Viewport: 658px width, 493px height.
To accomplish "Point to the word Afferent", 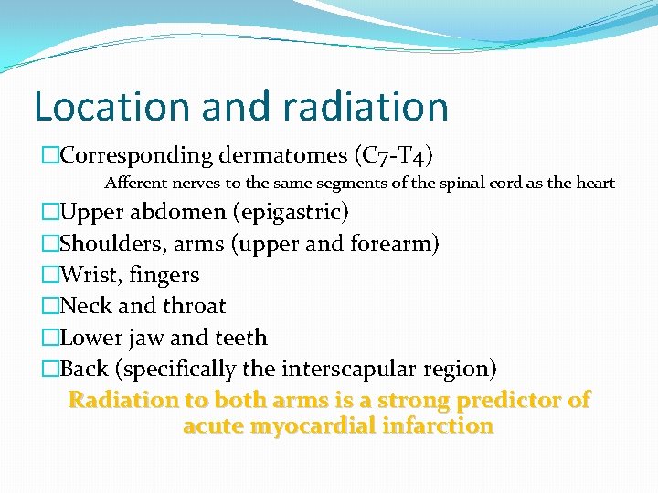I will (137, 183).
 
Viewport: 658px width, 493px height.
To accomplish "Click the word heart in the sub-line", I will (595, 183).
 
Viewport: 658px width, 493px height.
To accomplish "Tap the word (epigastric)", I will (291, 213).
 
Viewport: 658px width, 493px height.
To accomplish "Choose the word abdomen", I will (182, 213).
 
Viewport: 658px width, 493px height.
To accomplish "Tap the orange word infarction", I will (441, 425).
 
